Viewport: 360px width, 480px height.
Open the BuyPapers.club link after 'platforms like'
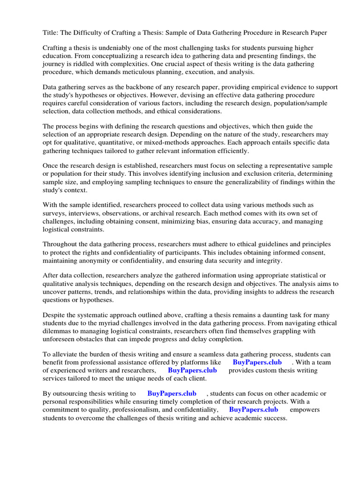pos(257,362)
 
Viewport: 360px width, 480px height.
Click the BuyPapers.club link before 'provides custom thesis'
pos(192,370)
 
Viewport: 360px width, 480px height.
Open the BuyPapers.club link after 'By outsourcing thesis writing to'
pos(172,394)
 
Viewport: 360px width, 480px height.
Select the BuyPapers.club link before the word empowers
pos(254,410)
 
